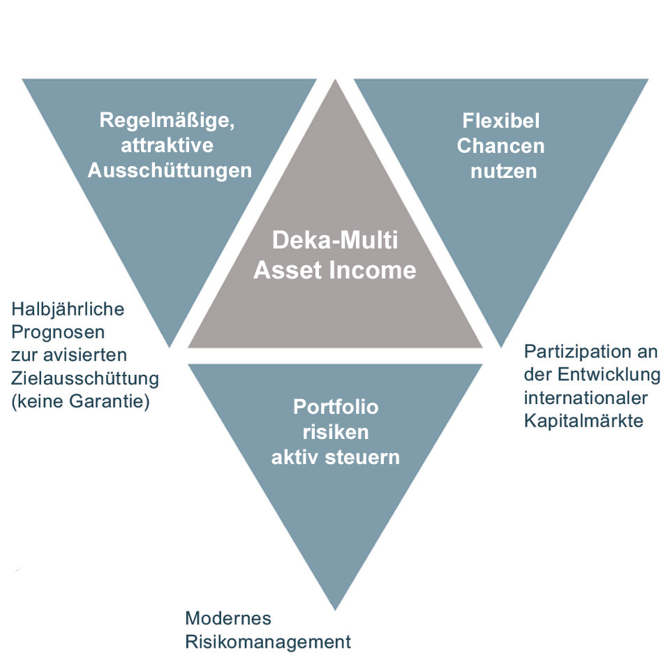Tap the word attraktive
point(167,146)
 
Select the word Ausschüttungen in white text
point(170,170)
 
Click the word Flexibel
point(501,120)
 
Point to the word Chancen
point(500,146)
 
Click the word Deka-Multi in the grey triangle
point(334,241)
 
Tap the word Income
point(377,270)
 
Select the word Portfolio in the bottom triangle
point(336,406)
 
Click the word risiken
point(336,432)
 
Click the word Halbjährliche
point(67,308)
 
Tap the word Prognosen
point(58,332)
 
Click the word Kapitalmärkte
point(583,421)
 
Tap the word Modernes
point(228,618)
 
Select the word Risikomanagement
point(268,641)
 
